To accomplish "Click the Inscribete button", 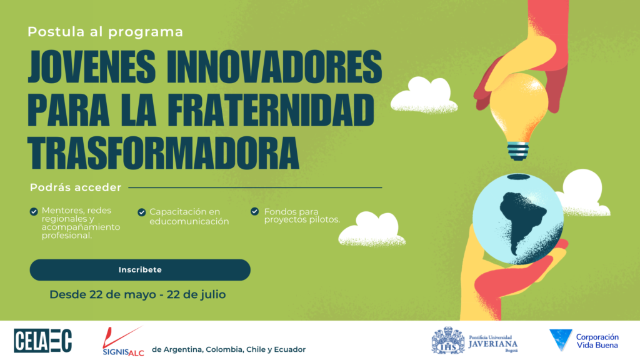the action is pyautogui.click(x=140, y=270).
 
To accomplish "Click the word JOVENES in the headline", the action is pyautogui.click(x=92, y=67).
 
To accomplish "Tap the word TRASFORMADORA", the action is pyautogui.click(x=163, y=152).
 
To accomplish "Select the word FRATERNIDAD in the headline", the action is pyautogui.click(x=271, y=110).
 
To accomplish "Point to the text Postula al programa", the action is pyautogui.click(x=105, y=32).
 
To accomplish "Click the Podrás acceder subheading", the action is pyautogui.click(x=76, y=187).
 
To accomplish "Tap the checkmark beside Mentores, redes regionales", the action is pyautogui.click(x=34, y=211).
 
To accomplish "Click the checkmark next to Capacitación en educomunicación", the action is pyautogui.click(x=142, y=212).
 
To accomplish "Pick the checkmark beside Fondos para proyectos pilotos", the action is pyautogui.click(x=255, y=211).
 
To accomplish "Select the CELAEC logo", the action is pyautogui.click(x=43, y=341).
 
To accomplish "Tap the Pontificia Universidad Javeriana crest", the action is pyautogui.click(x=448, y=340).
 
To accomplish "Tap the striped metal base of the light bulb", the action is pyautogui.click(x=518, y=151).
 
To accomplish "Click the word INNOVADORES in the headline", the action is pyautogui.click(x=274, y=67).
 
